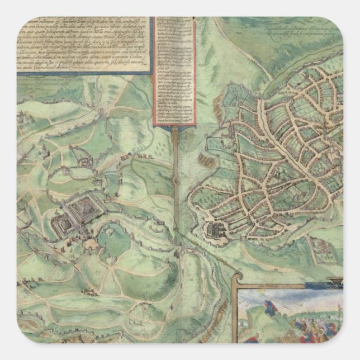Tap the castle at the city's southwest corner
tap(214, 229)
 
